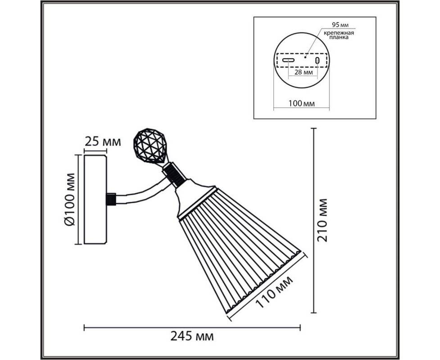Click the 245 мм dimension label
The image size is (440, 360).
tap(192, 336)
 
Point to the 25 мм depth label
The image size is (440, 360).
tap(103, 142)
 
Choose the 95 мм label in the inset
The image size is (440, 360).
tap(340, 25)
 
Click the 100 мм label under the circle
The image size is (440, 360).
tap(302, 103)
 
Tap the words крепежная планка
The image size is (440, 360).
tap(339, 35)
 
